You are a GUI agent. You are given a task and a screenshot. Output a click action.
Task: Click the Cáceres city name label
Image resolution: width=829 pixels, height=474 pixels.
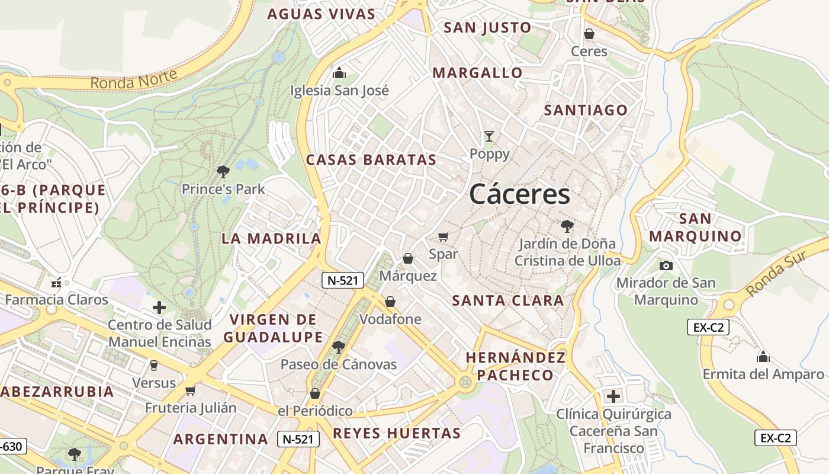coord(520,194)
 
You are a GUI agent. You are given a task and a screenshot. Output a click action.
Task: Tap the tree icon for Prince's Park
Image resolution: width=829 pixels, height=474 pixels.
coord(223,172)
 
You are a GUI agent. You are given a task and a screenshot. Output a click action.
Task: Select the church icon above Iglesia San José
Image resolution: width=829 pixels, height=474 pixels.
coord(339,73)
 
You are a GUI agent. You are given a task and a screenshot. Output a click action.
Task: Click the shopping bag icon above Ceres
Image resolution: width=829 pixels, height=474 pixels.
coord(589,34)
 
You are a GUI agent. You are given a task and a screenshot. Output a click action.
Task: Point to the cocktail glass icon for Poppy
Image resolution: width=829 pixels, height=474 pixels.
coord(489,136)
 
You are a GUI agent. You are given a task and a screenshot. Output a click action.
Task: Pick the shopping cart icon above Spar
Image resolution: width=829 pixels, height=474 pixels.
coord(444,236)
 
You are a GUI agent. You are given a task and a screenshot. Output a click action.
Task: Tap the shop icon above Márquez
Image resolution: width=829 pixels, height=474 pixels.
coord(408,258)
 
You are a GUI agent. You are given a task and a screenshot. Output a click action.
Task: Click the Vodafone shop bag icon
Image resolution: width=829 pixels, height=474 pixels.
coord(390,302)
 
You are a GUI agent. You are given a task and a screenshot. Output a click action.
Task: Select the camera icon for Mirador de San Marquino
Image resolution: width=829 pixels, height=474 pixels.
coord(666,265)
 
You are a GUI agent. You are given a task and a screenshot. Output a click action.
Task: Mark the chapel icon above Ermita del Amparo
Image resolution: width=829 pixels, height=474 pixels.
coord(763,357)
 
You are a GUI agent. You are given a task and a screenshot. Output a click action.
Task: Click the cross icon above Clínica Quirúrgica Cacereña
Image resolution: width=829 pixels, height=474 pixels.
coord(613,396)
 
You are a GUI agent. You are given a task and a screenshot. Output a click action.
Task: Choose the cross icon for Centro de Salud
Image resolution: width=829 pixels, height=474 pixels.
coord(159,308)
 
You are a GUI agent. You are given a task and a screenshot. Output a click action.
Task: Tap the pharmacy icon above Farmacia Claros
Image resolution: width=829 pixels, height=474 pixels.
coord(57,282)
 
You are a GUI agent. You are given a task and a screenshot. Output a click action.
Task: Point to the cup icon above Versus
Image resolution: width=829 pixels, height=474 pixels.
coord(154,365)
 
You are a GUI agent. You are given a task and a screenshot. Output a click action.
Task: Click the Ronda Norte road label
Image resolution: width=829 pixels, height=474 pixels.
coord(134,79)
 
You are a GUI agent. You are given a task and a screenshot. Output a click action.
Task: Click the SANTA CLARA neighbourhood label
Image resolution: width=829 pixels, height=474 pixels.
coord(508,300)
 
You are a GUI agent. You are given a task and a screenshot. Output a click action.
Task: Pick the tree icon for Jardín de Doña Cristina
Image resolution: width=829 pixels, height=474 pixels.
coord(567,226)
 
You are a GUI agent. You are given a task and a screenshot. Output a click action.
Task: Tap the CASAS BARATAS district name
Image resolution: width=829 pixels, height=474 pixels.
coord(371,160)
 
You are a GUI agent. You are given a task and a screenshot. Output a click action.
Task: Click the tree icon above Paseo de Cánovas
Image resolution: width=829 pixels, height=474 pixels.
coord(338,347)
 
